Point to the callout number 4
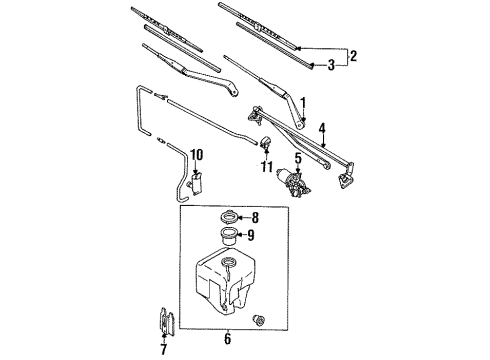tap(322, 128)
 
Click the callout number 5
tap(297, 158)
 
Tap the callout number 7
tap(164, 348)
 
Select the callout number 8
tap(253, 216)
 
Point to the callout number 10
tap(196, 154)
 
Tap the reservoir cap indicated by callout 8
tap(225, 218)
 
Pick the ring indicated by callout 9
tap(226, 237)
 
